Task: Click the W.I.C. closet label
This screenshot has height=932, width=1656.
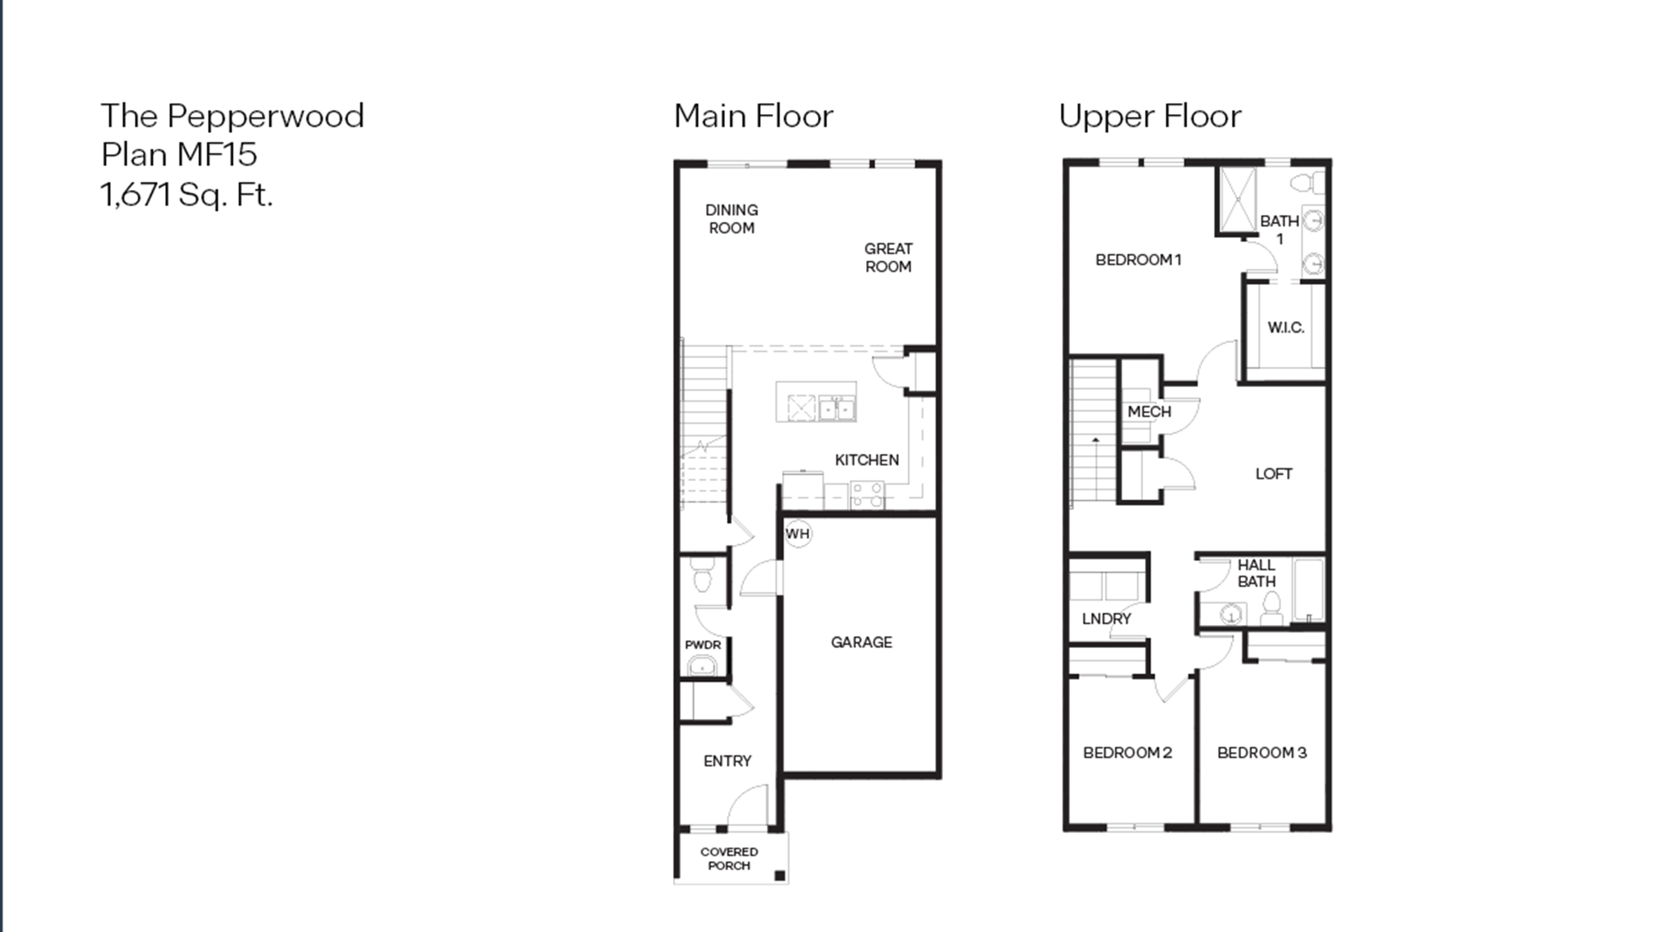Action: point(1286,327)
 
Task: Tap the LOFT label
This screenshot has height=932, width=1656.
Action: point(1273,474)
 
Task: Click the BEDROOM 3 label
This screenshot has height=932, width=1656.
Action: point(1261,753)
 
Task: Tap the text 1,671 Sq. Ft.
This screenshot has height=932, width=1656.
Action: point(186,194)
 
